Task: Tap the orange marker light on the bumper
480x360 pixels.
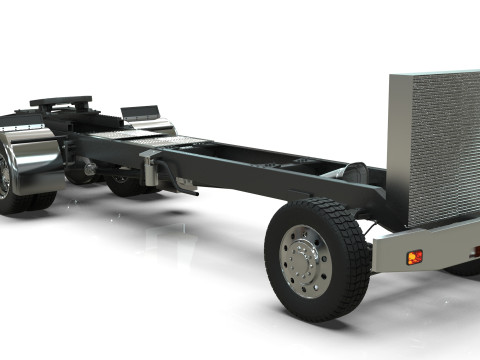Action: tap(414, 257)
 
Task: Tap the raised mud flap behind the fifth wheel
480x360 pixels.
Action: tap(141, 112)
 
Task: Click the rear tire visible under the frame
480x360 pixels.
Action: tap(126, 186)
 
